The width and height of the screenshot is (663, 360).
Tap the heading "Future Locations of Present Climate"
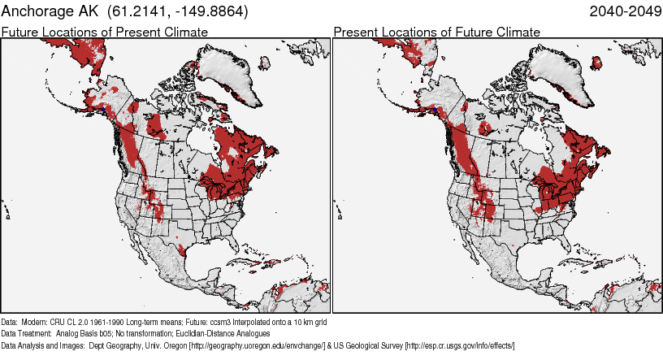tap(105, 32)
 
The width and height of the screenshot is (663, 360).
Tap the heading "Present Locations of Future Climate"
tap(436, 32)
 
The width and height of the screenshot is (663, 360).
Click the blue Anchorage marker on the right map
tap(435, 108)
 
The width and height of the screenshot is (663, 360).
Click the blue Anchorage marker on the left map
tap(103, 108)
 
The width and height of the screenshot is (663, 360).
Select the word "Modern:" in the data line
tap(34, 322)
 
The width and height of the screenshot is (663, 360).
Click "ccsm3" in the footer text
tap(209, 322)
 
